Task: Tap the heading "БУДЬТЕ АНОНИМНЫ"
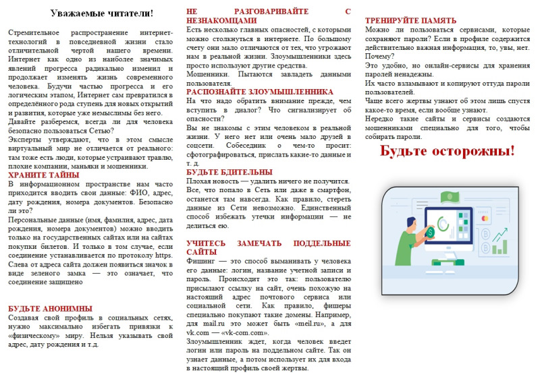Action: (x=50, y=309)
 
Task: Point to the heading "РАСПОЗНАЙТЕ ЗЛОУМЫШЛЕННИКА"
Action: (x=259, y=91)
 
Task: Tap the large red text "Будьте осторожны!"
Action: (x=447, y=150)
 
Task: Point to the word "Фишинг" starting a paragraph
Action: (x=200, y=260)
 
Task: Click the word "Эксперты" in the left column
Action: (x=26, y=138)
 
